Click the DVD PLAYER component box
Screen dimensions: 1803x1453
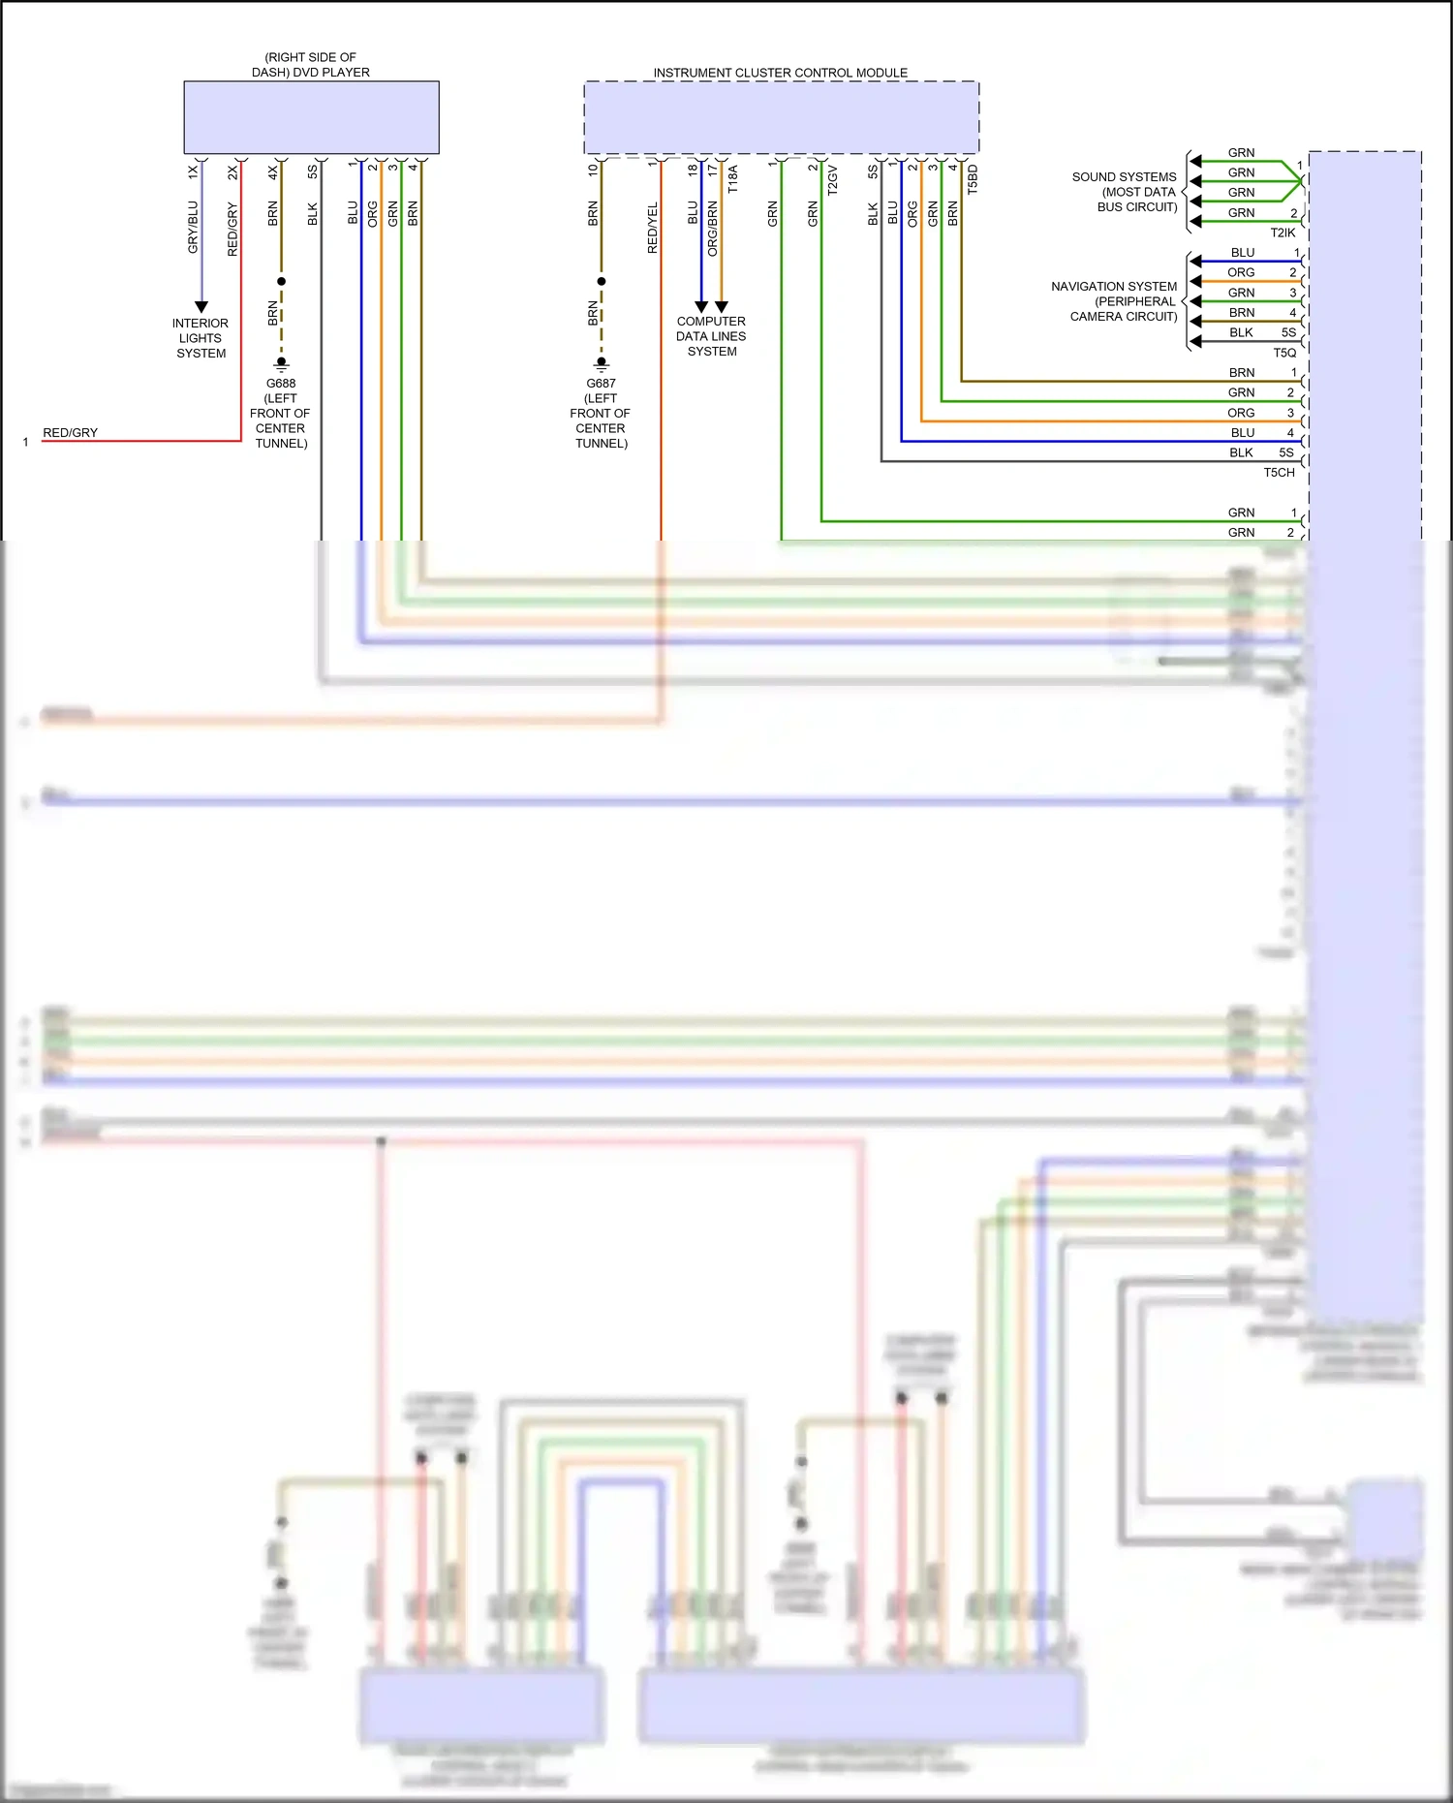click(311, 117)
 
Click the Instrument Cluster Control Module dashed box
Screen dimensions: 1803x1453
click(781, 117)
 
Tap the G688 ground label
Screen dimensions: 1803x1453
click(281, 384)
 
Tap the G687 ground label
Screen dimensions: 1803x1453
click(601, 384)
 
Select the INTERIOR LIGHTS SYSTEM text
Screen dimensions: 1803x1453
click(201, 338)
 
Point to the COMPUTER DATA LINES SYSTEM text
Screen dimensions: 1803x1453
click(711, 336)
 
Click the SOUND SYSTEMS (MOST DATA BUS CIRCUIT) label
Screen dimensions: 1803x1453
click(1125, 192)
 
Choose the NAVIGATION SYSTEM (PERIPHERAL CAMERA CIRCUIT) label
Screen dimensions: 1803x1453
click(1115, 301)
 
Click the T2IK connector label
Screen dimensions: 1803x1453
click(1283, 233)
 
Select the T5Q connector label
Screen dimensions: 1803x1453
click(1284, 353)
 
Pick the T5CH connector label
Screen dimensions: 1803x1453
click(1279, 473)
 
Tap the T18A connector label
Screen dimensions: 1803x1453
click(733, 179)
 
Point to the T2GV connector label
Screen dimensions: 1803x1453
click(833, 180)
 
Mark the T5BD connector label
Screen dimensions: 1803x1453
click(974, 180)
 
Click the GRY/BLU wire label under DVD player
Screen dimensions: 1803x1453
click(193, 228)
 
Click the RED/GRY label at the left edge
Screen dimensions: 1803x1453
click(70, 433)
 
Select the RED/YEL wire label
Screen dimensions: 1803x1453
click(653, 229)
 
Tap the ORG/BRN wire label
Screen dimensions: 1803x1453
click(713, 229)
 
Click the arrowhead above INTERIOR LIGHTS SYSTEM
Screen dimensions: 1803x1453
click(201, 307)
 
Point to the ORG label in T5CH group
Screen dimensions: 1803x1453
click(1241, 413)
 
